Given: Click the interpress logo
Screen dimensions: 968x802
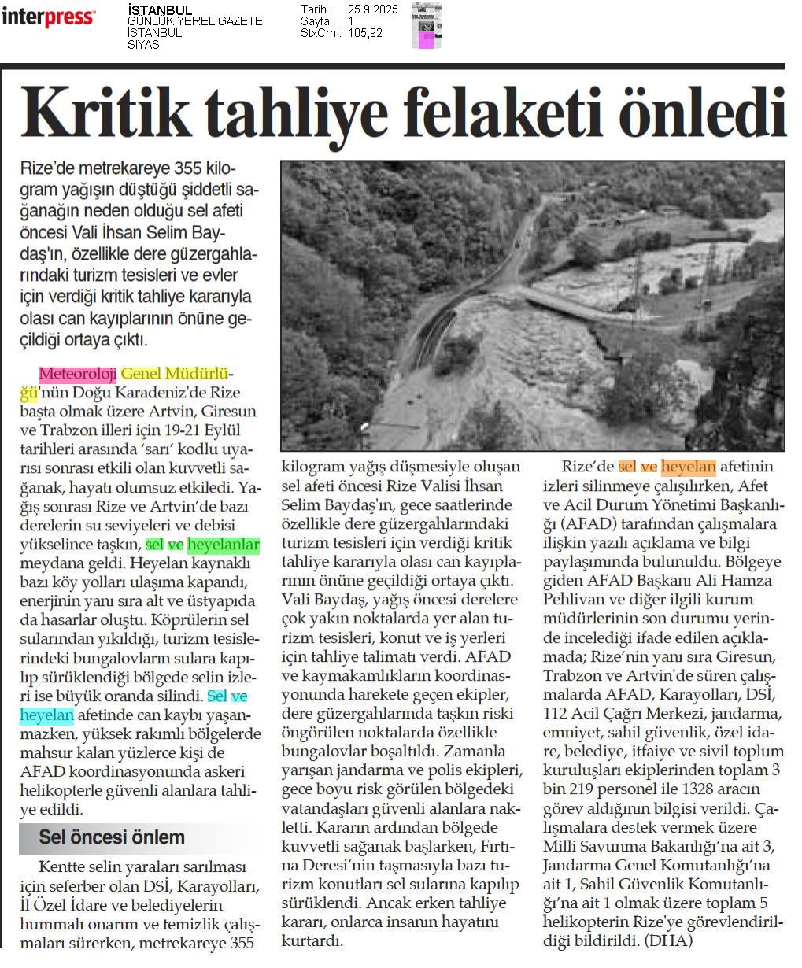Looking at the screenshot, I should (48, 17).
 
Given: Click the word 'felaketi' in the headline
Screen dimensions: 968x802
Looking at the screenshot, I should (495, 113).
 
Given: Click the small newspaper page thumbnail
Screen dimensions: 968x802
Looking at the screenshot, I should (426, 25).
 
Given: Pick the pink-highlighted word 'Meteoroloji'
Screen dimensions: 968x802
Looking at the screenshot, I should (77, 373).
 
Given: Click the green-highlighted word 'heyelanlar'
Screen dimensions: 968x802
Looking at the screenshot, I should (224, 544).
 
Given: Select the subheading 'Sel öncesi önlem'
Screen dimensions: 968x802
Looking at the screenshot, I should (112, 837).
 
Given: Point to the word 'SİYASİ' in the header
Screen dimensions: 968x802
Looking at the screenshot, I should (145, 45).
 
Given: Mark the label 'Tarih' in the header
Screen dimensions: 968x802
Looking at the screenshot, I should (313, 9).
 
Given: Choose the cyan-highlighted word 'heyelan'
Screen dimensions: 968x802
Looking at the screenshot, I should (47, 715).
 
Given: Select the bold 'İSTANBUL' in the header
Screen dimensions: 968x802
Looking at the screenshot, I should (159, 9).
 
